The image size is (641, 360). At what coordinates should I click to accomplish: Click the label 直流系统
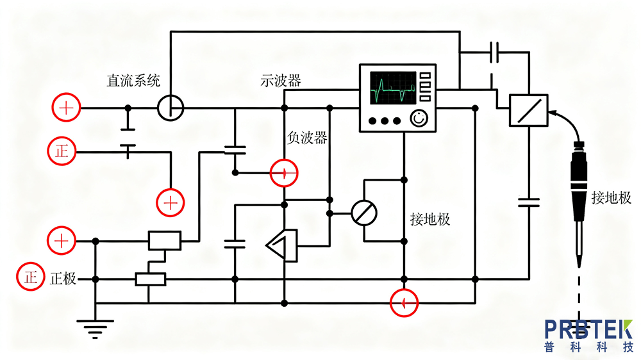click(133, 81)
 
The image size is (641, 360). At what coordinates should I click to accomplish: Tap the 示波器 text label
click(280, 81)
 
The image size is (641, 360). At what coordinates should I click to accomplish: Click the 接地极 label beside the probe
click(611, 198)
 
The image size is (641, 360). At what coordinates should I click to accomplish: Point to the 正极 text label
click(63, 279)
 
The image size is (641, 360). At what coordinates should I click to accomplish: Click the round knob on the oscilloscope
click(419, 119)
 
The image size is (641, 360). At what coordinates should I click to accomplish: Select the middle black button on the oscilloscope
click(385, 120)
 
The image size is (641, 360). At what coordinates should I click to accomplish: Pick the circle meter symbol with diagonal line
click(364, 213)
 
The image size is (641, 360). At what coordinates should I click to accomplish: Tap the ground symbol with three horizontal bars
click(95, 328)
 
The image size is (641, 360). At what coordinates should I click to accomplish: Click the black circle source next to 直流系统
click(171, 108)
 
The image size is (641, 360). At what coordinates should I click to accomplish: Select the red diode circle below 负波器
click(283, 172)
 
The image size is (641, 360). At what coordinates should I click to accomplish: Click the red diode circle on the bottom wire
click(404, 302)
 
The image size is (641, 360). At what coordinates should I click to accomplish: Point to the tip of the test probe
click(579, 263)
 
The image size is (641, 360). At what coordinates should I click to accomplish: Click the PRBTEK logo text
click(588, 329)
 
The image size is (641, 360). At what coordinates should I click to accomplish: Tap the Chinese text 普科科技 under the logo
click(588, 348)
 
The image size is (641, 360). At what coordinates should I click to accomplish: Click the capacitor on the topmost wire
click(494, 53)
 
